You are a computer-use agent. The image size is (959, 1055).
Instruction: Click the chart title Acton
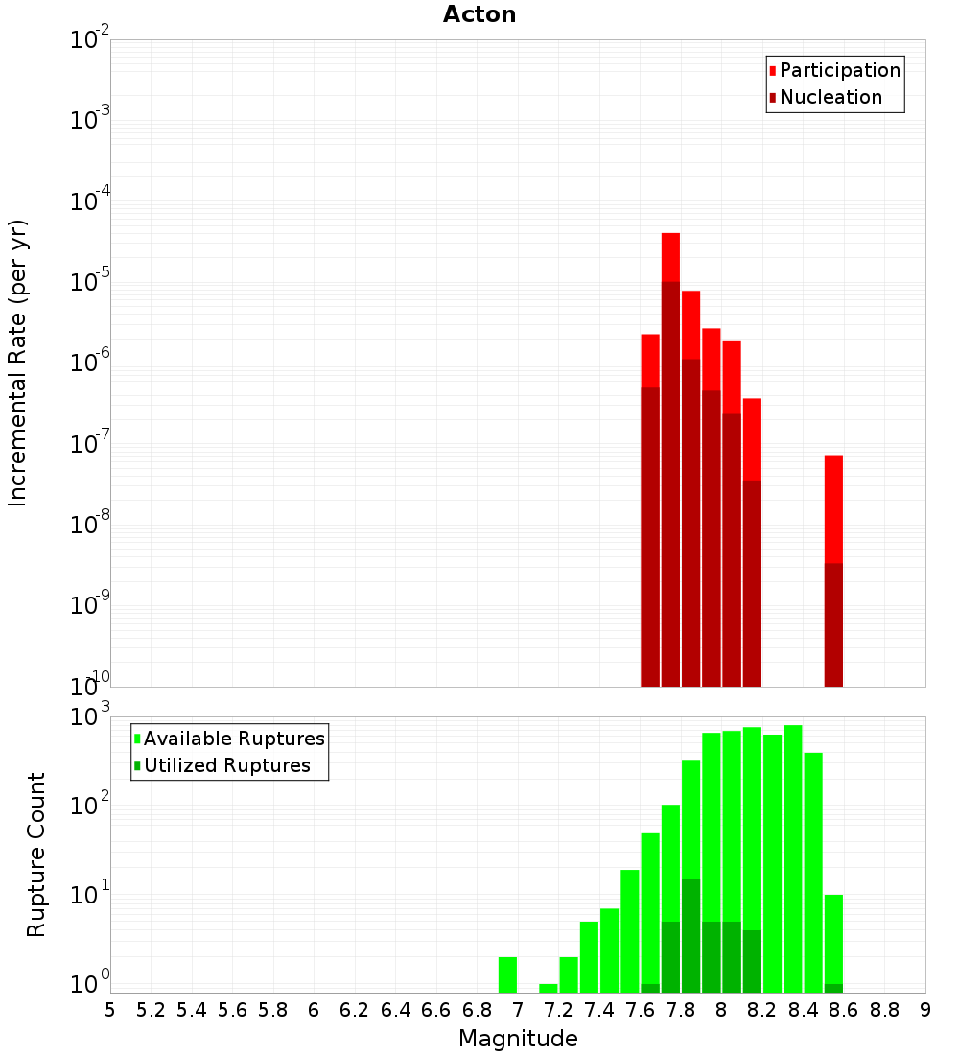tap(479, 14)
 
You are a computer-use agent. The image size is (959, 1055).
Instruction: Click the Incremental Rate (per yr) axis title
tap(17, 363)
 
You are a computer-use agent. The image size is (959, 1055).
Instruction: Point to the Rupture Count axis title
tap(36, 855)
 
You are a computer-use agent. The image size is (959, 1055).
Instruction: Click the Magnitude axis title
tap(518, 1039)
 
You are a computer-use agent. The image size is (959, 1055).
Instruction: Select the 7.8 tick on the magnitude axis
tap(681, 1010)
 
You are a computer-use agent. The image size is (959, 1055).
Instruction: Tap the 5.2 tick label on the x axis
tap(151, 1010)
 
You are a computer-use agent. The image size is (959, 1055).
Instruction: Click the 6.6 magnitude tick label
tap(436, 1010)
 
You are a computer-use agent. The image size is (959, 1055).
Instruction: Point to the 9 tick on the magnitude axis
tap(925, 1010)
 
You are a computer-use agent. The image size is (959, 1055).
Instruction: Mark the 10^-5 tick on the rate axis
tap(90, 282)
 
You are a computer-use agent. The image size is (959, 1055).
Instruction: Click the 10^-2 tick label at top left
tap(90, 40)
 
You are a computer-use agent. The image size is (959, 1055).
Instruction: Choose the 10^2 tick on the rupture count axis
tap(90, 806)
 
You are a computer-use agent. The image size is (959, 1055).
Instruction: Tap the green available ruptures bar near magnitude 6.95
tap(507, 974)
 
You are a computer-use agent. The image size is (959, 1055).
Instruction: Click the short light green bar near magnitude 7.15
tap(549, 988)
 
